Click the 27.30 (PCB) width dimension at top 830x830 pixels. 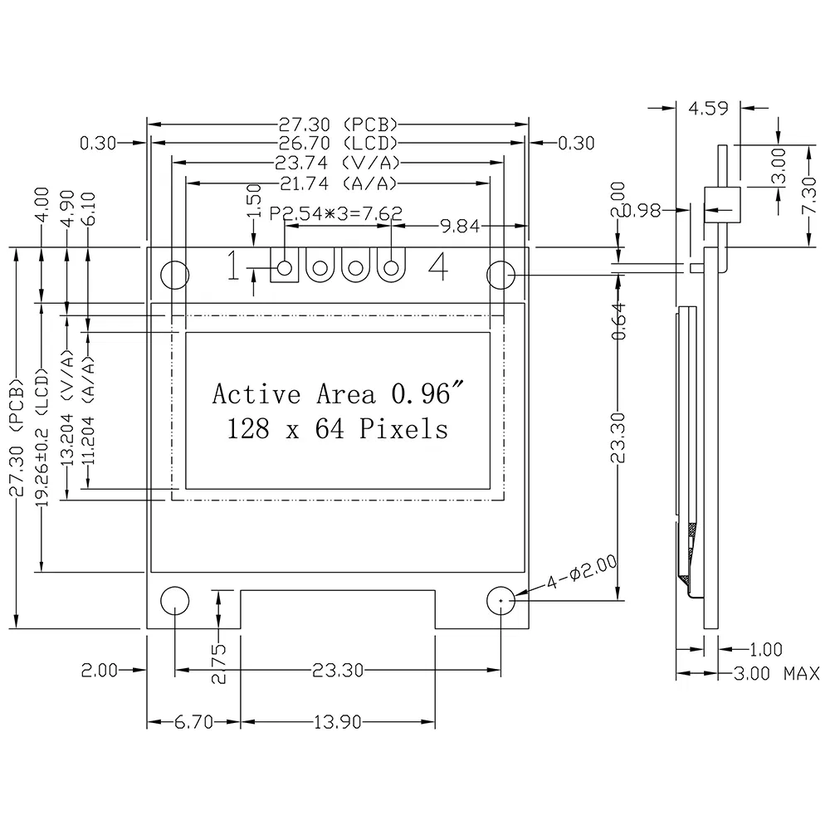coord(338,124)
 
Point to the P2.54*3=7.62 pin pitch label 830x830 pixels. coord(336,213)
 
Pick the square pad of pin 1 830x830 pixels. coord(285,268)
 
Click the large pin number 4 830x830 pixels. coord(438,267)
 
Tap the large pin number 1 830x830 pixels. coord(235,267)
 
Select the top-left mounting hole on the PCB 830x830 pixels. coord(174,274)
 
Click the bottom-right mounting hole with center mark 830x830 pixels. coord(501,600)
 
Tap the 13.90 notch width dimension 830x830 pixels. coord(337,723)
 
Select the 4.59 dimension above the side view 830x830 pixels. coord(707,107)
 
